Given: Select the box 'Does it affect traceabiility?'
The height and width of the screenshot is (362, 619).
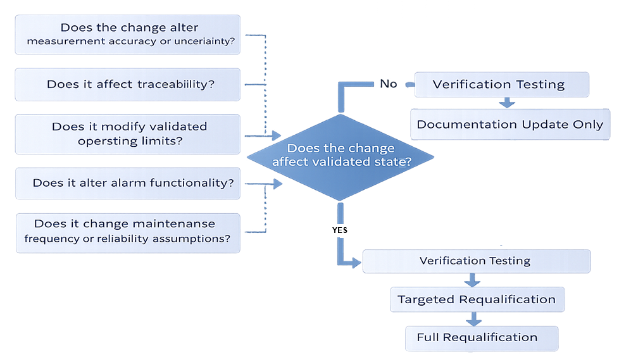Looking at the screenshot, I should pos(127,84).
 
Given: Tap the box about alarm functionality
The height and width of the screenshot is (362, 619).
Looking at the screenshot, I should pos(127,184).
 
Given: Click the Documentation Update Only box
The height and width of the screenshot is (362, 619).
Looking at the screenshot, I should pos(510,124).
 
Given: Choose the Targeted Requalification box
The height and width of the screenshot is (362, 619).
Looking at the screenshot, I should pos(476,299).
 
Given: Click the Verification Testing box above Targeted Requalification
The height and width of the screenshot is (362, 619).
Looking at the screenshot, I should pos(475,261).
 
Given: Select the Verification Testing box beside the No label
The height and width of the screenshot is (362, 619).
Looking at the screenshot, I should pos(501,84).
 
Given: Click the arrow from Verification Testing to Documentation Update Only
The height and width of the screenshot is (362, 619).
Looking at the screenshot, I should pos(506,103).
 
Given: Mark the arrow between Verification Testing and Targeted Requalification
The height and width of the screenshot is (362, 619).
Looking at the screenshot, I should pos(472,280).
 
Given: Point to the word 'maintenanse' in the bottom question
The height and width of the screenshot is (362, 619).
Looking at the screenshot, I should pos(179,224).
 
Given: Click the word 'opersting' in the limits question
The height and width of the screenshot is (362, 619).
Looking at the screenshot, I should pos(103,140).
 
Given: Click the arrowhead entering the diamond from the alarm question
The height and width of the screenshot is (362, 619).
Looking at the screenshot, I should pos(277,184).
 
